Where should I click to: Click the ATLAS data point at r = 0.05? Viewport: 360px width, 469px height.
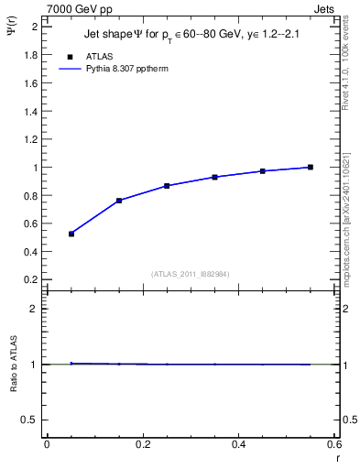pos(71,234)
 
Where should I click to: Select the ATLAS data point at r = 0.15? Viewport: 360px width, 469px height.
pos(119,201)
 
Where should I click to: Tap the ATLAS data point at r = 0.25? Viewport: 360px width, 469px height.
pos(167,186)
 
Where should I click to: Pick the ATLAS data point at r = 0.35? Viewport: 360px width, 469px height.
pos(214,177)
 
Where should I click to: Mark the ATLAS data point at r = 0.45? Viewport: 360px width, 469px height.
pos(263,171)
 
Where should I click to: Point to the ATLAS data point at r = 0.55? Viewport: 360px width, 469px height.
pos(311,167)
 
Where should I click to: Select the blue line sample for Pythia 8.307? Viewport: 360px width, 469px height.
pos(71,68)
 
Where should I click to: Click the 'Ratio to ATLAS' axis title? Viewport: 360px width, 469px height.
pos(14,364)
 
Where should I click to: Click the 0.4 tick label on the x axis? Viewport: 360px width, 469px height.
pos(238,444)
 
